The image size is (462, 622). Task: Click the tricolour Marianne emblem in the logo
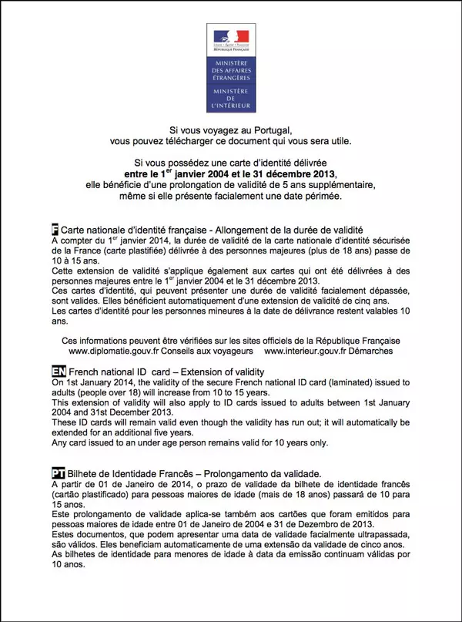(231, 37)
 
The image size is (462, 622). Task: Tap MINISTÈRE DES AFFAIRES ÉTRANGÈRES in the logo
(231, 72)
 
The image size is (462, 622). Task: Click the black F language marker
(54, 230)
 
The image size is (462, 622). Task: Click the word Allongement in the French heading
(246, 230)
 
